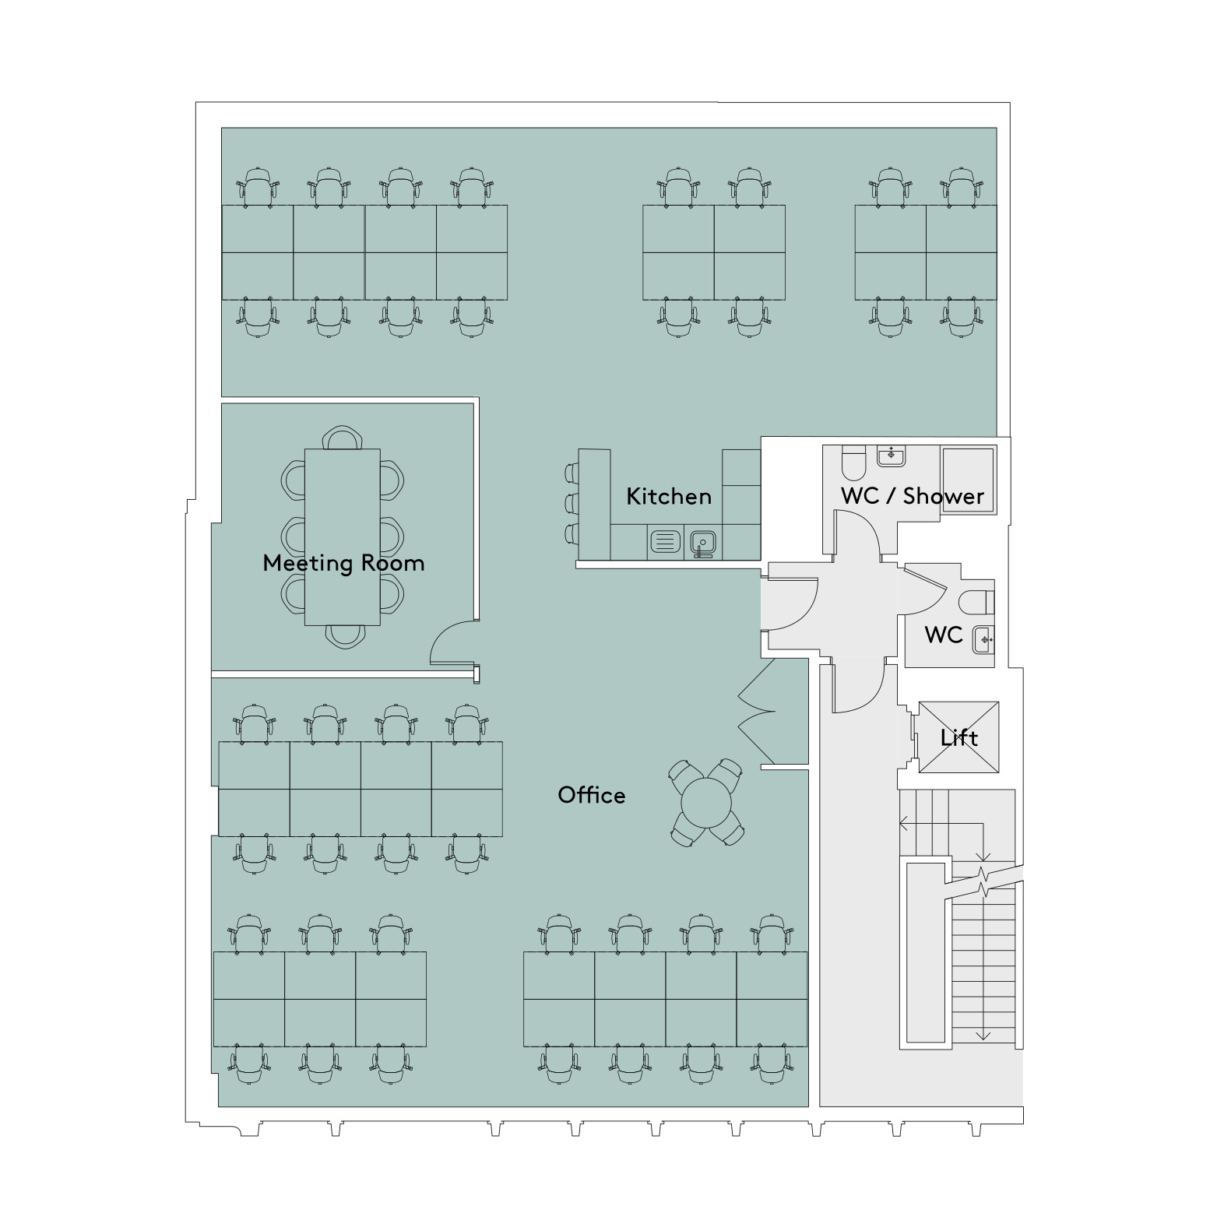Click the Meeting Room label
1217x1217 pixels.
pyautogui.click(x=343, y=563)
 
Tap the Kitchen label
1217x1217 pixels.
pyautogui.click(x=669, y=496)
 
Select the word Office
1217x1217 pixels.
pyautogui.click(x=592, y=795)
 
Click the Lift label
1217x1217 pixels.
pyautogui.click(x=959, y=737)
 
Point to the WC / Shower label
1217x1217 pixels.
pyautogui.click(x=913, y=496)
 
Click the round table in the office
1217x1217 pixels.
pyautogui.click(x=707, y=802)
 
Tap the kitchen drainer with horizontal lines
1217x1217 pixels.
pyautogui.click(x=664, y=541)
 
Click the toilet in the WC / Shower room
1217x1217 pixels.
pyautogui.click(x=853, y=463)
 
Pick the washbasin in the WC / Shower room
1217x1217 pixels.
pyautogui.click(x=892, y=455)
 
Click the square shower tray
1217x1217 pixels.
pyautogui.click(x=968, y=480)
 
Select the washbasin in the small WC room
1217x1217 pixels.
pyautogui.click(x=983, y=640)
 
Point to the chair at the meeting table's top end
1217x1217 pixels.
pyautogui.click(x=343, y=438)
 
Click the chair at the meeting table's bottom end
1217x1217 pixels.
pyautogui.click(x=344, y=636)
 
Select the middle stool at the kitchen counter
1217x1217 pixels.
pyautogui.click(x=572, y=503)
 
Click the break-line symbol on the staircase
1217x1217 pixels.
pyautogui.click(x=984, y=880)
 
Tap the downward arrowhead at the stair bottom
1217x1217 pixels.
pyautogui.click(x=984, y=1035)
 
